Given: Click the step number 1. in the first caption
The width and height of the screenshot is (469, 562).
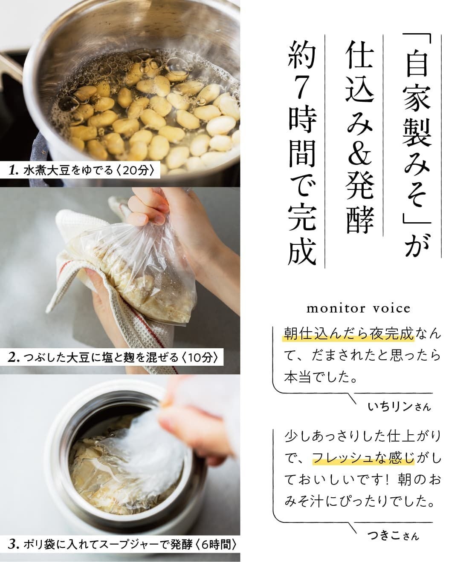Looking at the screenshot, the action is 13,170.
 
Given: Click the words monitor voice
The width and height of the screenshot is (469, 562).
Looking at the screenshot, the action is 358,309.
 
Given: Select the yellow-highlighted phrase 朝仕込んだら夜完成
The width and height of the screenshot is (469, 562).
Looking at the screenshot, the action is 348,334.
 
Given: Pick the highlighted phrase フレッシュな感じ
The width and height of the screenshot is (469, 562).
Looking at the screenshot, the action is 363,458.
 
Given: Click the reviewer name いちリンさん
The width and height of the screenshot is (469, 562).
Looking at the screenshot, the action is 400,407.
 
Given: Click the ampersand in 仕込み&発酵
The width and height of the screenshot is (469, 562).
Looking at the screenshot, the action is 359,147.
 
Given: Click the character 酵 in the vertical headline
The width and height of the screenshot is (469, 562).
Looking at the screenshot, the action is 359,218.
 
